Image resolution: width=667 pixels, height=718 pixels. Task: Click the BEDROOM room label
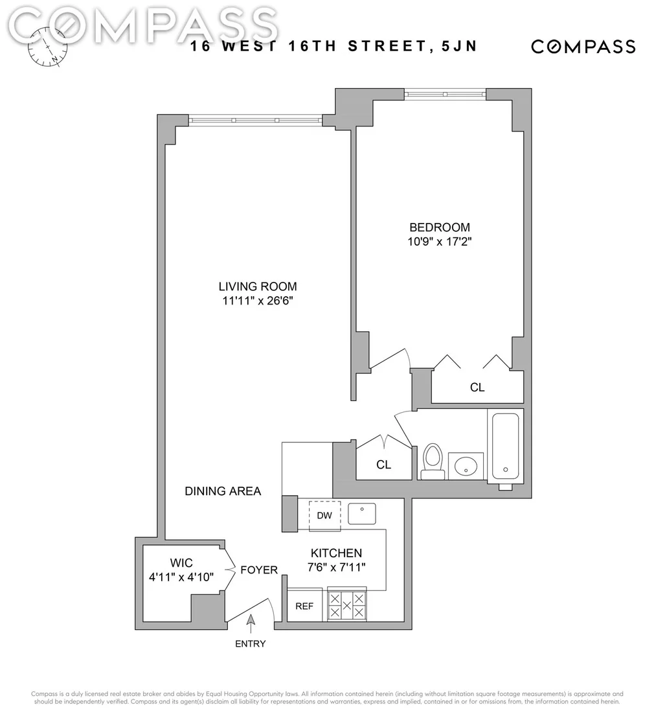click(x=439, y=227)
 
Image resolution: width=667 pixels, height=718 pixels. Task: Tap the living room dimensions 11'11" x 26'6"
click(x=258, y=301)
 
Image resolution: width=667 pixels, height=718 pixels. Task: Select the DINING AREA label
click(x=223, y=491)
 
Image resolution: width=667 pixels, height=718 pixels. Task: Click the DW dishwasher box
click(x=324, y=516)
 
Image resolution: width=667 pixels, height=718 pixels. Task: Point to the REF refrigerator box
click(x=304, y=605)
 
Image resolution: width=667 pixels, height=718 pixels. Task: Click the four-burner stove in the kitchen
click(x=346, y=605)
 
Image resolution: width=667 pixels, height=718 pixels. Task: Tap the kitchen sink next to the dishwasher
click(x=362, y=513)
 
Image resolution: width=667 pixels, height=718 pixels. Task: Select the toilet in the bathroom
click(x=433, y=461)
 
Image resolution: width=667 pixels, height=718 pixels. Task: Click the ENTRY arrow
click(x=251, y=624)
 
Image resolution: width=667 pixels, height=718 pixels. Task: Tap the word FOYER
click(x=259, y=570)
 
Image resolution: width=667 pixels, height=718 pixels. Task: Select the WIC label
click(x=181, y=562)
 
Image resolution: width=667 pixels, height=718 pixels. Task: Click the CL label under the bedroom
click(x=477, y=388)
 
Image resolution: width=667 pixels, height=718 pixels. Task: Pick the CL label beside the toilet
click(x=383, y=465)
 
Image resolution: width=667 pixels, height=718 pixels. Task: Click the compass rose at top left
click(x=47, y=47)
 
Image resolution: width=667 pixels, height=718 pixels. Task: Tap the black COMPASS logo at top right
click(x=583, y=47)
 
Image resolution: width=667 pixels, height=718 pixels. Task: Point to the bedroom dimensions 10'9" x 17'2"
click(x=439, y=242)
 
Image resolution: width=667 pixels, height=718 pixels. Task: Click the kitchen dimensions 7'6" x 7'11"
click(x=336, y=568)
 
